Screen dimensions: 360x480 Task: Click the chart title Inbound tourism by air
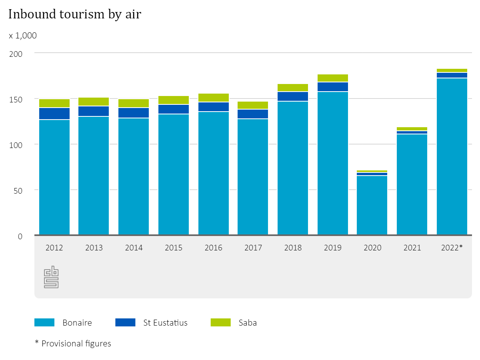[x=75, y=14]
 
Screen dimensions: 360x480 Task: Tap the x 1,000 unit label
[x=23, y=36]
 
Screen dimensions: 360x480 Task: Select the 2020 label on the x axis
[x=372, y=248]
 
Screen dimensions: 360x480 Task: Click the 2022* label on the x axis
[x=452, y=248]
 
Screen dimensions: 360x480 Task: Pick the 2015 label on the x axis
[x=174, y=248]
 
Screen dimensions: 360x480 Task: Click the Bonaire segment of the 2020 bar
[x=372, y=205]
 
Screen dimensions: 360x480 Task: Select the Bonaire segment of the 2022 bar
[x=452, y=156]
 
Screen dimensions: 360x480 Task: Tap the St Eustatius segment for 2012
[x=54, y=114]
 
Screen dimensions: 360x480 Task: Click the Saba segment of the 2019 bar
[x=333, y=78]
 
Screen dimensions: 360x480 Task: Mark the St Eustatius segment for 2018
[x=293, y=96]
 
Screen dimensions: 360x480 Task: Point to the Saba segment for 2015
[x=174, y=100]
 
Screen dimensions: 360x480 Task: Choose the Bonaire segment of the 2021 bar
[x=412, y=184]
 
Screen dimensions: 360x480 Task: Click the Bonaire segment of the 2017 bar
[x=253, y=176]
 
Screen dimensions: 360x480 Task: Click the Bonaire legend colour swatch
[x=44, y=322]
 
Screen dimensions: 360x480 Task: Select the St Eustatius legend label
[x=165, y=322]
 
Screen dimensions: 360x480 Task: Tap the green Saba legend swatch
[x=221, y=322]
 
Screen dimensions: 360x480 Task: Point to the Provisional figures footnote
[x=73, y=343]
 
